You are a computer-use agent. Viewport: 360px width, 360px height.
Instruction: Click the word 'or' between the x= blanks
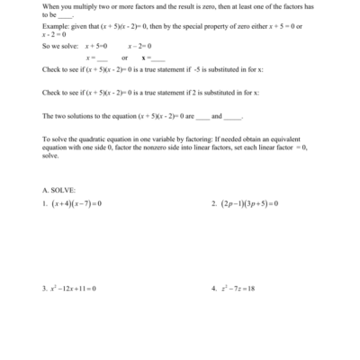pyautogui.click(x=124, y=57)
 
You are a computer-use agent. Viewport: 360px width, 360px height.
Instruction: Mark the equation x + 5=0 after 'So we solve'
pyautogui.click(x=95, y=45)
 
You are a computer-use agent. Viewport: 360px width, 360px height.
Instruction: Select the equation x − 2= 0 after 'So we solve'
pyautogui.click(x=141, y=45)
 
